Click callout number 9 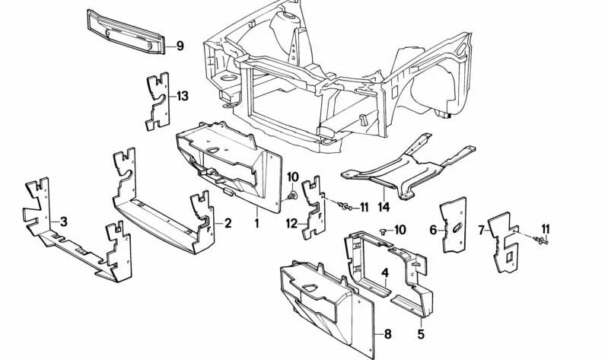(180, 46)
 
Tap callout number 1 (257, 223)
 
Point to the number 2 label (227, 223)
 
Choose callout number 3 (64, 222)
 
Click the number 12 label (291, 223)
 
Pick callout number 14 (384, 206)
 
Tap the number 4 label (385, 272)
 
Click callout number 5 (421, 333)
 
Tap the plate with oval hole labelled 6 (454, 225)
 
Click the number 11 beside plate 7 (545, 229)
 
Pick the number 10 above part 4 (400, 230)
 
